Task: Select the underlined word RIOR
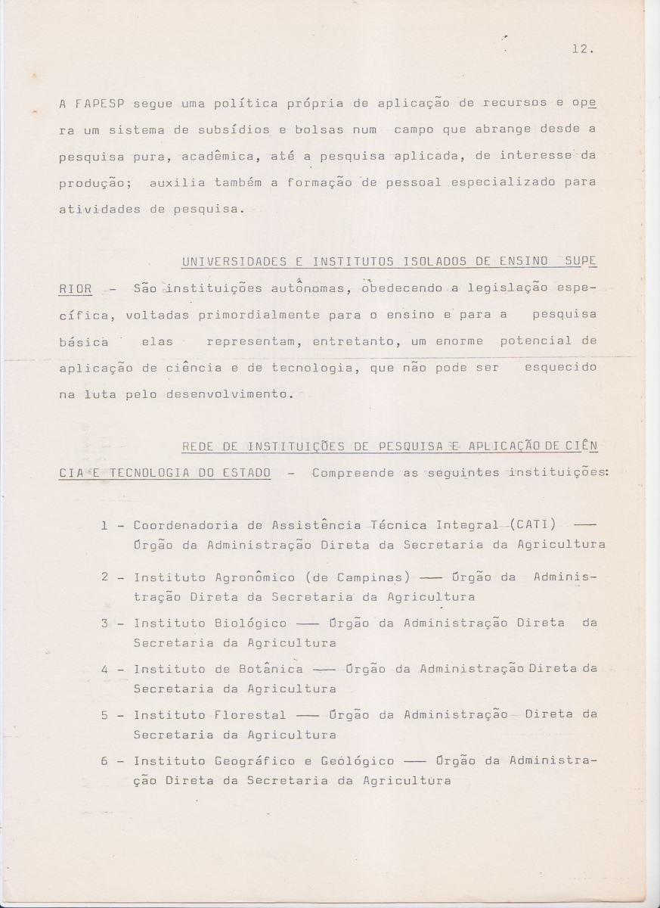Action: click(75, 288)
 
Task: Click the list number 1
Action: click(104, 525)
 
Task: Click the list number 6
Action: click(104, 761)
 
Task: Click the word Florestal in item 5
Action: click(250, 715)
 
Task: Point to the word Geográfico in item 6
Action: click(268, 761)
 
